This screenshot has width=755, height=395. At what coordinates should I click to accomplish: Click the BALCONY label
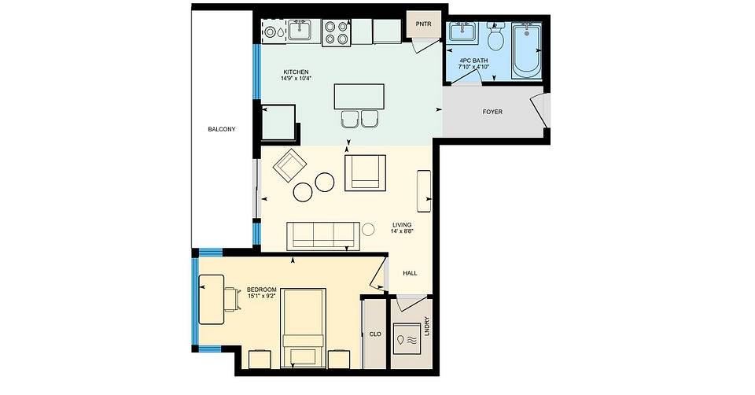(222, 129)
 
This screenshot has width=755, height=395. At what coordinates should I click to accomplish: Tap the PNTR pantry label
(423, 24)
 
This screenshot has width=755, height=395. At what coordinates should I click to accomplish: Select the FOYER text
(492, 112)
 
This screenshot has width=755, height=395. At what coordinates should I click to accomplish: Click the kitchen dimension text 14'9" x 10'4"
(296, 78)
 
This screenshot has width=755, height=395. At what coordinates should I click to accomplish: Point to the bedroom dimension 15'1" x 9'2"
(261, 296)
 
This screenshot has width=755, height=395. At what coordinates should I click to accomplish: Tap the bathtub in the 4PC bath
(526, 50)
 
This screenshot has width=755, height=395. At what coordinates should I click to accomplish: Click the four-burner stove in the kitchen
(337, 33)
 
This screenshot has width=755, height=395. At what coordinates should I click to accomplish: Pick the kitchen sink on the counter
(302, 31)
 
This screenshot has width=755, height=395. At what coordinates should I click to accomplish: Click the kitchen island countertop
(359, 96)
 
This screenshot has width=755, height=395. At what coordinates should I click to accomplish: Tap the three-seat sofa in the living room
(323, 236)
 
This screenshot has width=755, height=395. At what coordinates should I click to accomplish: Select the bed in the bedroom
(304, 327)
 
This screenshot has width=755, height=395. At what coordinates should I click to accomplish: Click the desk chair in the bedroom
(232, 299)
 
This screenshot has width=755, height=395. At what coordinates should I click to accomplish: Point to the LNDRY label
(426, 326)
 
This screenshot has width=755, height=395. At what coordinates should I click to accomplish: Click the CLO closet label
(375, 334)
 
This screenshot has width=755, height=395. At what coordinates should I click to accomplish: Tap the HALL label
(411, 273)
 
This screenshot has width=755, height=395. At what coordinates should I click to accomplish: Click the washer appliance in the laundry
(407, 338)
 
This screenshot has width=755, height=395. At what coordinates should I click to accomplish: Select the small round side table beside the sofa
(368, 230)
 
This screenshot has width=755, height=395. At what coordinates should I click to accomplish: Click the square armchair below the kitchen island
(366, 172)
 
